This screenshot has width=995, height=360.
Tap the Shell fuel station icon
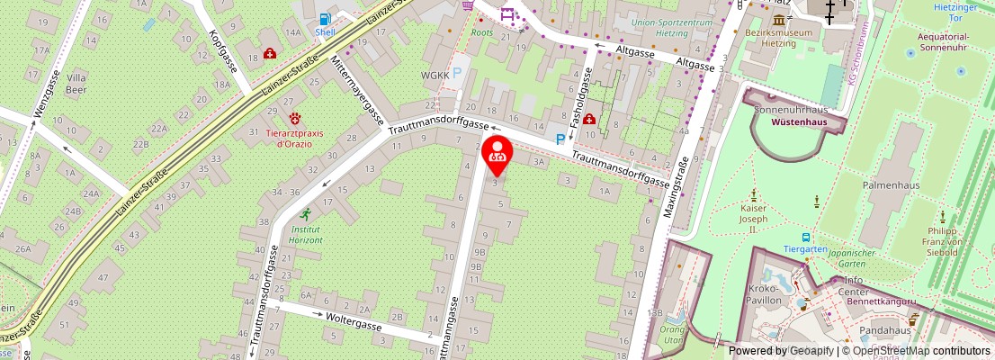[325, 18]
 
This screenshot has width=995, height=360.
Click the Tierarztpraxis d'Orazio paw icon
[295, 118]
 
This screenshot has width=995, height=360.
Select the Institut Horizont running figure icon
[306, 214]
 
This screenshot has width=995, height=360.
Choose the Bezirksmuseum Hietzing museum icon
[778, 20]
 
